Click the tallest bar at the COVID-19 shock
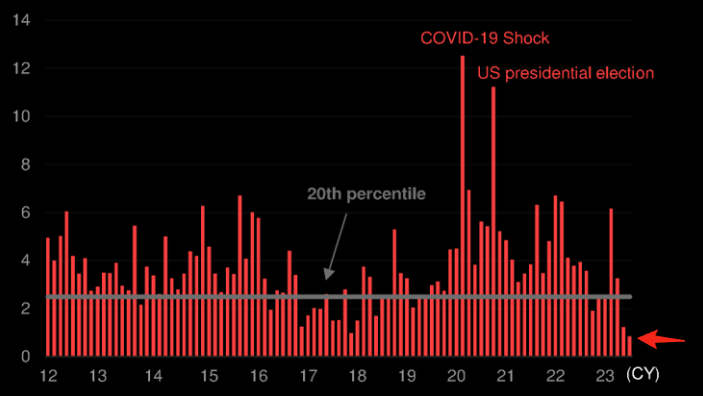coord(463,193)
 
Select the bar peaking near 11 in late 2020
coord(493,212)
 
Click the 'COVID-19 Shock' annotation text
coord(484,39)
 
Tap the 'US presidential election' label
coord(565,72)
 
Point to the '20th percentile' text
coord(366,194)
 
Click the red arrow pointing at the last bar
coord(663,338)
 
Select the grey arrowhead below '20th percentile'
coord(327,274)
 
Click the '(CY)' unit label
coord(642,374)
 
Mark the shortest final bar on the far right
coord(630,347)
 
